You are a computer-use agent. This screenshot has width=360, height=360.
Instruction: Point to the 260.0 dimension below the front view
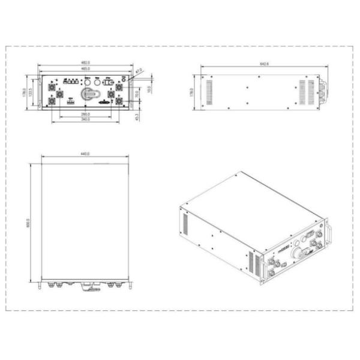click(x=85, y=114)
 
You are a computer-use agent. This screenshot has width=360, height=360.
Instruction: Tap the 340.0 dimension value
click(x=85, y=119)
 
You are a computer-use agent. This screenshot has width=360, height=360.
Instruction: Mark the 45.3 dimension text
click(x=137, y=116)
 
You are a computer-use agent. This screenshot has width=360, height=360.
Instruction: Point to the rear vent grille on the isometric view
click(x=185, y=225)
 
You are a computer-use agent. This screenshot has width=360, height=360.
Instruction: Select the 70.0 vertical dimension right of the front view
click(x=137, y=94)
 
